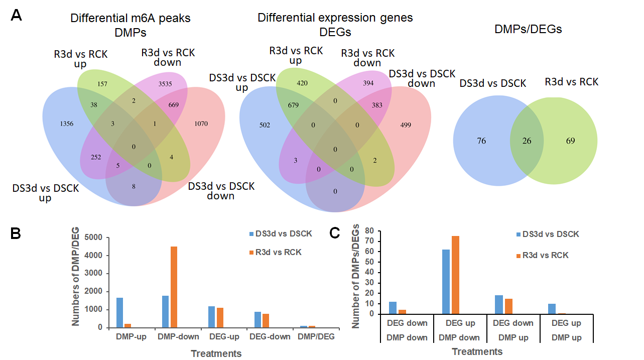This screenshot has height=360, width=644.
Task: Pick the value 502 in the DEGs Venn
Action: pyautogui.click(x=265, y=125)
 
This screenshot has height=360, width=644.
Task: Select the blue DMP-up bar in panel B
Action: pyautogui.click(x=119, y=312)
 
